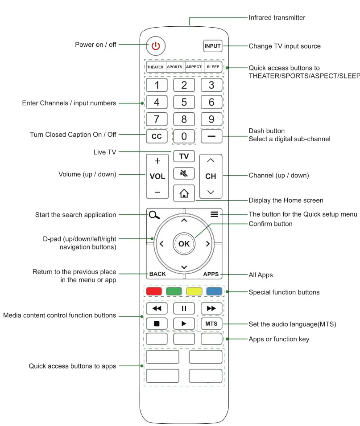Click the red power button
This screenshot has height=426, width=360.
(155, 46)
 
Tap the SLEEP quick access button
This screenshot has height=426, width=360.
(213, 67)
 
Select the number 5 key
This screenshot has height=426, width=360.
(184, 102)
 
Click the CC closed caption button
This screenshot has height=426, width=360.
(157, 136)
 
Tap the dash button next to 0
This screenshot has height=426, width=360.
(211, 136)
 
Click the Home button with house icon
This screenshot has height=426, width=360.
(184, 193)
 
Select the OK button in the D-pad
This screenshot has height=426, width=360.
(184, 244)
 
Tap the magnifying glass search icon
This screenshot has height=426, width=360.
(154, 214)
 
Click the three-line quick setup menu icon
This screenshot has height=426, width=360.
(215, 214)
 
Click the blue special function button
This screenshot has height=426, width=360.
(214, 292)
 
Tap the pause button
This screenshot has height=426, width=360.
(184, 308)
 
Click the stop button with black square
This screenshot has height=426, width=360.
(157, 324)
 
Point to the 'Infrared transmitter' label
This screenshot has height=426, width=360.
(277, 18)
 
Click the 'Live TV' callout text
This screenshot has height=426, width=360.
(105, 152)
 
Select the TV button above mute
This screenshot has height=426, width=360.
(184, 156)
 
